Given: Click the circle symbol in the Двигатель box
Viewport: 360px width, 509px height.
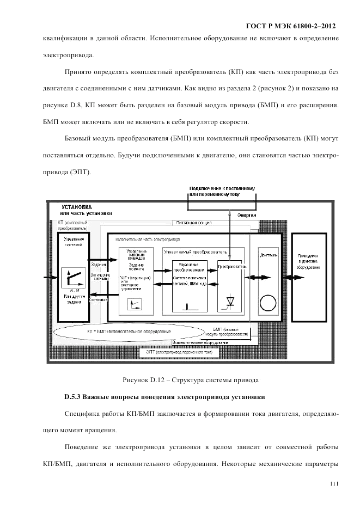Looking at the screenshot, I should (x=267, y=302).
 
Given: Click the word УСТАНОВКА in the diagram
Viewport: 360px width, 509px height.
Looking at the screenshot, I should (x=77, y=207).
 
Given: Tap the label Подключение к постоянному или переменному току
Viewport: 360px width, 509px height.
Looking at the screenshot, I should (x=222, y=191).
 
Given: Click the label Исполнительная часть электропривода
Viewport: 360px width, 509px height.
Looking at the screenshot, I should (x=147, y=239).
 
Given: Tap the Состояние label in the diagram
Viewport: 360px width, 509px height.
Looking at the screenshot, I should (x=98, y=300).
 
